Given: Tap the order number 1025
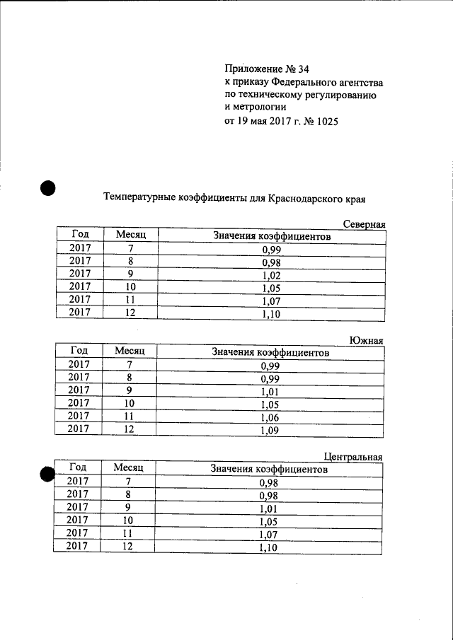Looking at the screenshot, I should click(324, 122).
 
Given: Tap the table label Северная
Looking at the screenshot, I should click(364, 224).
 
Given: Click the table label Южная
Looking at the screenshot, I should click(367, 340).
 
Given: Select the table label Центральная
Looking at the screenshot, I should click(353, 457).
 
